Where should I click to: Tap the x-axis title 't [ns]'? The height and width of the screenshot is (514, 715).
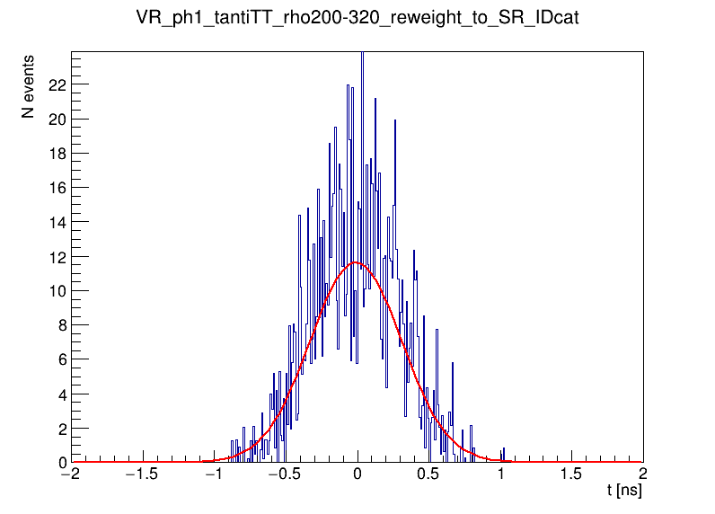[x=624, y=492]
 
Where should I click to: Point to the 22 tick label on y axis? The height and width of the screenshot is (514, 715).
[x=56, y=84]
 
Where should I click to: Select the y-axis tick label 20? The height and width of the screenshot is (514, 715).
[x=56, y=119]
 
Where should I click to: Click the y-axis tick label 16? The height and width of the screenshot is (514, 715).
[x=56, y=188]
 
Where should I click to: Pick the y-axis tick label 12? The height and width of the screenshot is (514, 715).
[x=56, y=256]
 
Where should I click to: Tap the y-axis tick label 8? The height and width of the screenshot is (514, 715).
[x=60, y=325]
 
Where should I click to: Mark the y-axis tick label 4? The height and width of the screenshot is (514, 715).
[x=60, y=394]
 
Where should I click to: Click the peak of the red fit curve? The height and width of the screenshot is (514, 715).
[x=356, y=262]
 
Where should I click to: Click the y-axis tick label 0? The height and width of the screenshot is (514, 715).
[x=60, y=463]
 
